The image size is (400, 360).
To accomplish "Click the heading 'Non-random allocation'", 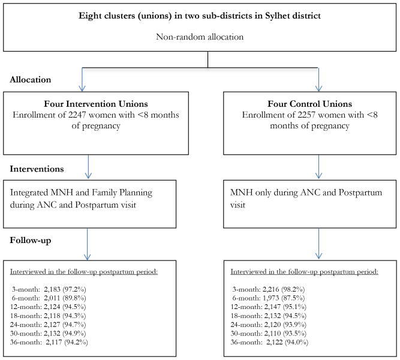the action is click(x=200, y=37).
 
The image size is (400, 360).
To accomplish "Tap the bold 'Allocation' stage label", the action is click(x=31, y=80).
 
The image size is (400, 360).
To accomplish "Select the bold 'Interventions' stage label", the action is click(x=37, y=169).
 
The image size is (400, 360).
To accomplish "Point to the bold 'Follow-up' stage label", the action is click(x=31, y=241).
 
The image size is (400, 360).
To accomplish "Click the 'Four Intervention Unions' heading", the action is click(x=96, y=104).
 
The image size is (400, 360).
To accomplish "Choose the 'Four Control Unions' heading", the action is click(x=309, y=104).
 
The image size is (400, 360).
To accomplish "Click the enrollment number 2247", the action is click(x=77, y=115).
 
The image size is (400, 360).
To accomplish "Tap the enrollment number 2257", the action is click(x=306, y=115).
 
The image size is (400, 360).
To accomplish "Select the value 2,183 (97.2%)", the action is click(x=65, y=289).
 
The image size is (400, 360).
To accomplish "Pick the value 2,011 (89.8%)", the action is click(x=65, y=298).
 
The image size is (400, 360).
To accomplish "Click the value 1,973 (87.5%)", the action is click(x=284, y=298).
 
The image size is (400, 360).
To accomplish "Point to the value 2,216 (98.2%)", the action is click(x=284, y=289).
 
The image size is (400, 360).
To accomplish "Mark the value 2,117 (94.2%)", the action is click(x=67, y=342).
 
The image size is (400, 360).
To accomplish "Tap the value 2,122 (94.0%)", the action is click(x=287, y=342).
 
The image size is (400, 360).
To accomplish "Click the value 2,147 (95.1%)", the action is click(x=285, y=307).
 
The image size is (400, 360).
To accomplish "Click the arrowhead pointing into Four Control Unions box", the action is click(x=318, y=88).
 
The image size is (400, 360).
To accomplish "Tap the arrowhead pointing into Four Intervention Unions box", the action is click(x=82, y=88).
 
